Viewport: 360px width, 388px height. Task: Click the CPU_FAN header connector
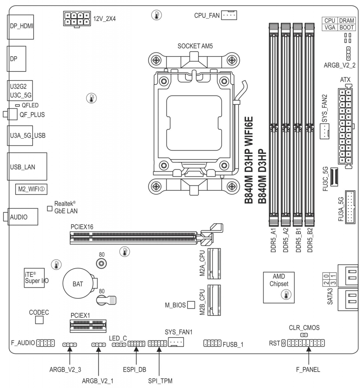[229, 15]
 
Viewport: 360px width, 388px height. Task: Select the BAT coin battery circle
[78, 284]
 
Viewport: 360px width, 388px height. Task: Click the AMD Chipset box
[279, 287]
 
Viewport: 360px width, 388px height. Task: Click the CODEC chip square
[39, 320]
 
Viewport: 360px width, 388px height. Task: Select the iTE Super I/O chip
[35, 277]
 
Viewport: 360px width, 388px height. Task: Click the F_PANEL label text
[308, 370]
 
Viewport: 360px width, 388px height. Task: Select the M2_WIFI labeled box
[31, 189]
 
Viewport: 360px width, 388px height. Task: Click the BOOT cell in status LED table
[346, 27]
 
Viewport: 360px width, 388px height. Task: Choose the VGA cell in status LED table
[330, 27]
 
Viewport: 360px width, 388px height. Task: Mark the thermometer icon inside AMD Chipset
[286, 294]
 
